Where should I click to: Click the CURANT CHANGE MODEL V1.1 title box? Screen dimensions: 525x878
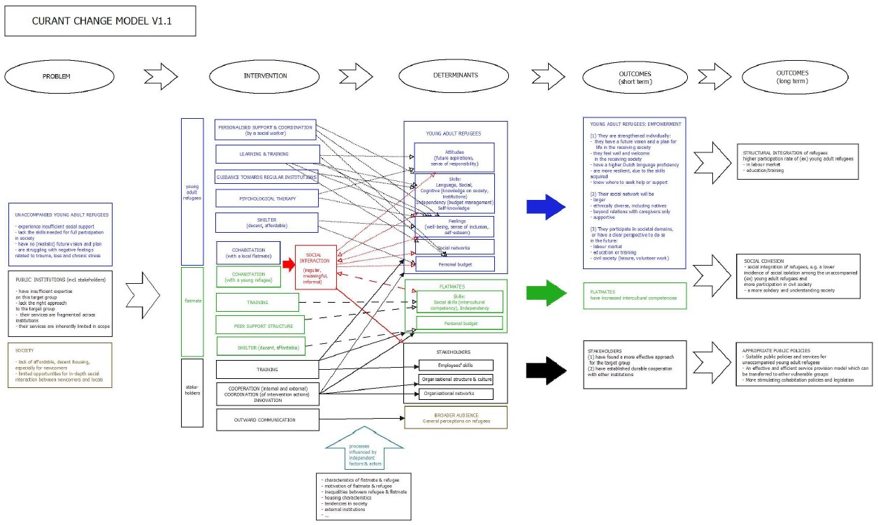pos(100,21)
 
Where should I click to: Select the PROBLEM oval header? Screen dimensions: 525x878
pos(56,75)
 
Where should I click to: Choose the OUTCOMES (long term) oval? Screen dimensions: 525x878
pos(791,76)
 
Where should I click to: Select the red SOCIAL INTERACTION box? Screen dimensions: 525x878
pos(316,266)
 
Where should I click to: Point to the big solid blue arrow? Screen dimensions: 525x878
pos(545,206)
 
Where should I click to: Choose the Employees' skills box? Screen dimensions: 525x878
pos(455,366)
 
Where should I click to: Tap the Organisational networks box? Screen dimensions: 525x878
pos(455,394)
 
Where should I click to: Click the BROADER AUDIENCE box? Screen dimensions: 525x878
pos(456,417)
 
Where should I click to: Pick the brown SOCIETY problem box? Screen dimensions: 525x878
pos(60,366)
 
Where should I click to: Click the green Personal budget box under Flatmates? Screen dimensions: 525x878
pos(459,323)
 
